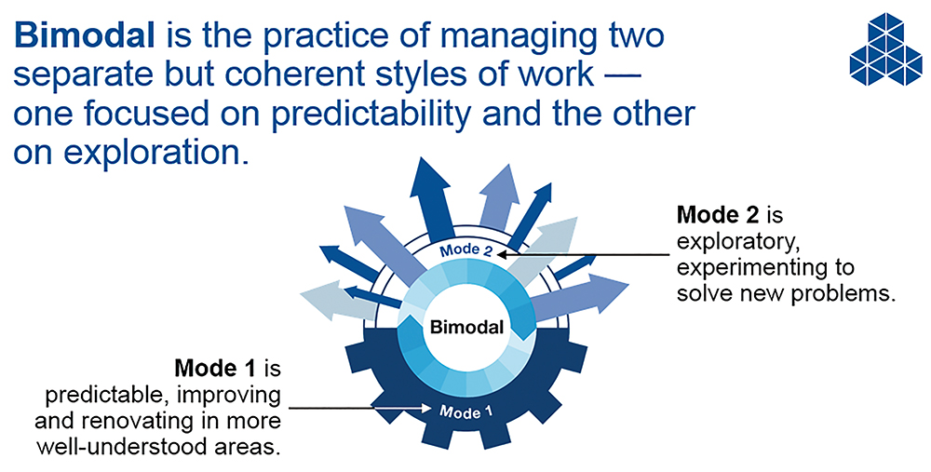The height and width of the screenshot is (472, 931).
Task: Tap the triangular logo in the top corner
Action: [x=885, y=48]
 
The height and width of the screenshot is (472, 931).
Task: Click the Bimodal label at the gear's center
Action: [x=466, y=327]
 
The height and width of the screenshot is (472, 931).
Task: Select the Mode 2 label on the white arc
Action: [x=466, y=249]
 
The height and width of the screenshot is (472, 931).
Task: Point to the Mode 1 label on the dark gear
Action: [x=466, y=411]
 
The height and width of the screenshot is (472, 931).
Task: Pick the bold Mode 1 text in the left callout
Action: [x=215, y=369]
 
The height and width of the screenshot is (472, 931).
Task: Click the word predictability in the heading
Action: [x=370, y=114]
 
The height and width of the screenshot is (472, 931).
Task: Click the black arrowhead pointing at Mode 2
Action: [x=503, y=255]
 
